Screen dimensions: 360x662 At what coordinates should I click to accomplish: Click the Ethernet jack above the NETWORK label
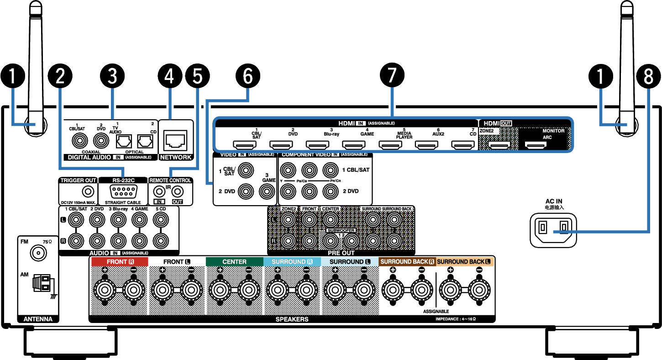176,141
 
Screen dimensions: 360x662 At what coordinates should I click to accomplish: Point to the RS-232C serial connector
122,192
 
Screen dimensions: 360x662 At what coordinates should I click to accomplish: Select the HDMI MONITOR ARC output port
536,145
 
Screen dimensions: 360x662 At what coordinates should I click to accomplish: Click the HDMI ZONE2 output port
499,145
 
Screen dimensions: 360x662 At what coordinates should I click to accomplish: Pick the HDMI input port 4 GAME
354,145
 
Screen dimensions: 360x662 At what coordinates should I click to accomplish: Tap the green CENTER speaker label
234,262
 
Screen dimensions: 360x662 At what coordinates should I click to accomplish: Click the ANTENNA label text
38,319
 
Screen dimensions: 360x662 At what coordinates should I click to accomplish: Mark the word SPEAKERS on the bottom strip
292,319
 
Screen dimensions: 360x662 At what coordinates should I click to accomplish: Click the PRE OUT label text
341,253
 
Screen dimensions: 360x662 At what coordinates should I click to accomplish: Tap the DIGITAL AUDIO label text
89,157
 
